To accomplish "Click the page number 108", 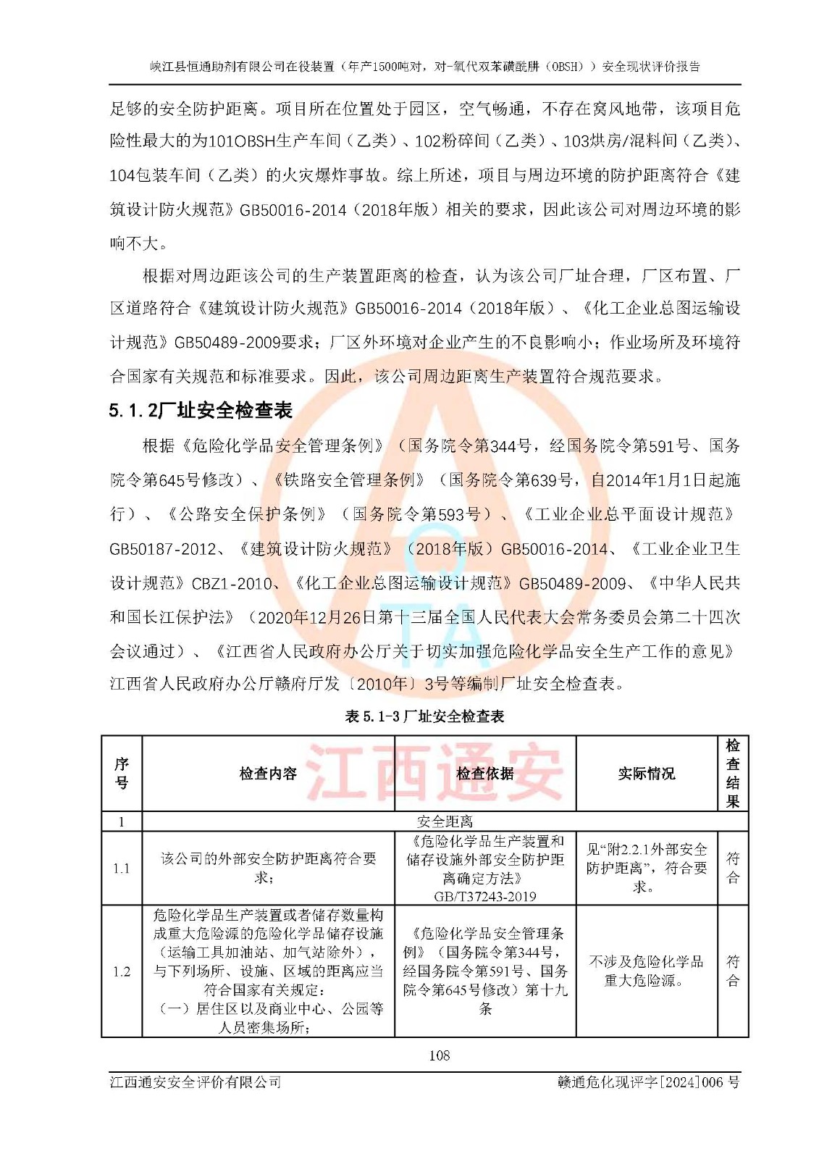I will click(x=439, y=1055).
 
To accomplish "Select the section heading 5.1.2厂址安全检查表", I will click(x=201, y=410).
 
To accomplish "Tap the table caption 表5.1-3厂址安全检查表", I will click(x=424, y=716).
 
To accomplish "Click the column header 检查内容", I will click(x=268, y=774).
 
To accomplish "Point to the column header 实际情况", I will click(x=646, y=774).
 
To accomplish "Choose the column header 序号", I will click(x=122, y=773).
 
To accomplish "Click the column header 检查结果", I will click(x=732, y=773).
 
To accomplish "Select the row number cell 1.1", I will click(x=122, y=868).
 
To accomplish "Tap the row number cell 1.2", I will click(x=122, y=971).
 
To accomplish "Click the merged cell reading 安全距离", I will click(x=445, y=821).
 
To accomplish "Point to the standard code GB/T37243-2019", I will click(x=484, y=896).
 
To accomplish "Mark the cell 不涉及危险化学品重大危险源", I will click(x=646, y=971).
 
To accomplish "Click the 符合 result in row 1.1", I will click(x=732, y=868).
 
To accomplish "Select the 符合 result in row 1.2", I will click(x=732, y=971).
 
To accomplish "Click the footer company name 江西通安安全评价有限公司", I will click(x=196, y=1082).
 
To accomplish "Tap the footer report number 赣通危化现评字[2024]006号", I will click(x=648, y=1082).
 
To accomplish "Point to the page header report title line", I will click(x=425, y=67).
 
